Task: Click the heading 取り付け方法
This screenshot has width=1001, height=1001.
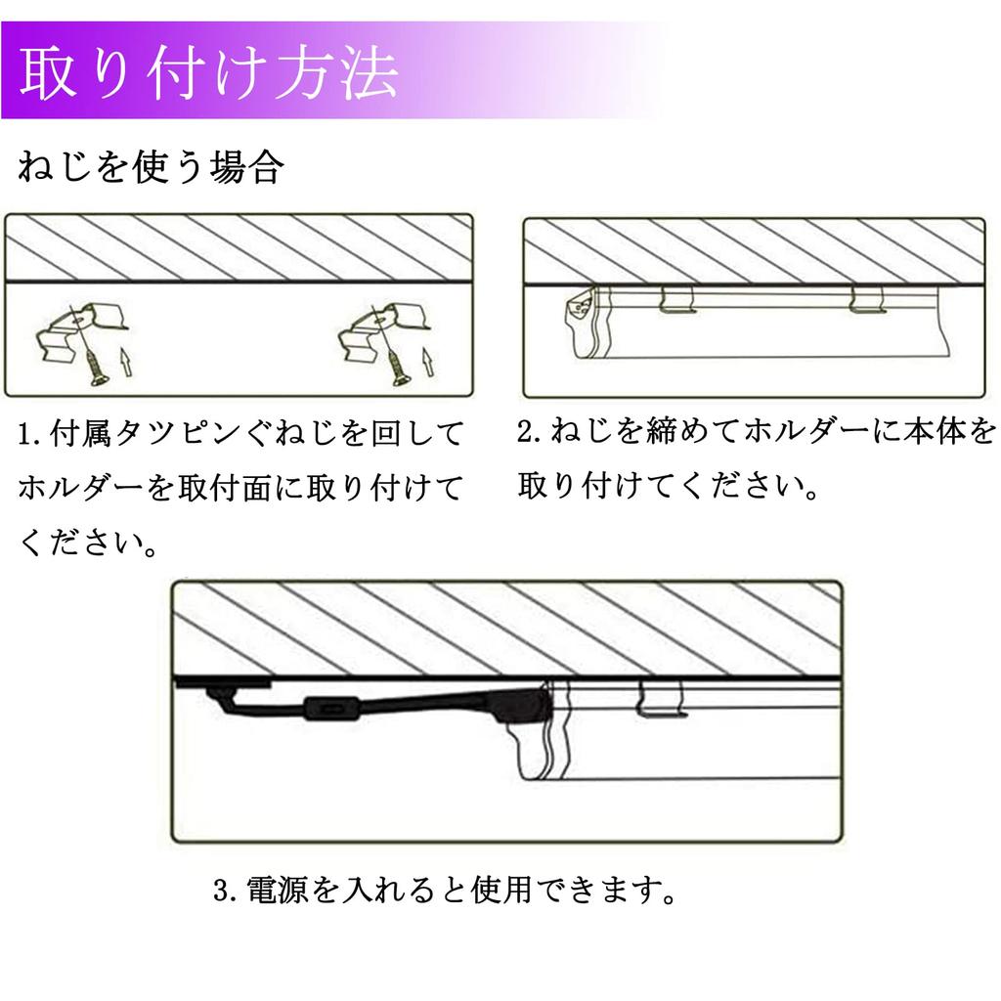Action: pyautogui.click(x=209, y=71)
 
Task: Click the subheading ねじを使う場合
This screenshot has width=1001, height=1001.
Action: pyautogui.click(x=151, y=167)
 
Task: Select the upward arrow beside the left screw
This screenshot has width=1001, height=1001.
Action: pyautogui.click(x=126, y=362)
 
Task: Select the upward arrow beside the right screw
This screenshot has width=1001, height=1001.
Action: pyautogui.click(x=428, y=362)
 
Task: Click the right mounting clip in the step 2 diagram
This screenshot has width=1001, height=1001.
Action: pyautogui.click(x=868, y=300)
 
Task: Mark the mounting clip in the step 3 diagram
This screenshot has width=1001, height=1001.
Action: pyautogui.click(x=662, y=699)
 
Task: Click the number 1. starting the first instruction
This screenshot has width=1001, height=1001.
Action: pyautogui.click(x=29, y=435)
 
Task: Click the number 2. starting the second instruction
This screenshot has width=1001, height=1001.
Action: pyautogui.click(x=530, y=431)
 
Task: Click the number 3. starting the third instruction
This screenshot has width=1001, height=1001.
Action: pyautogui.click(x=226, y=890)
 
